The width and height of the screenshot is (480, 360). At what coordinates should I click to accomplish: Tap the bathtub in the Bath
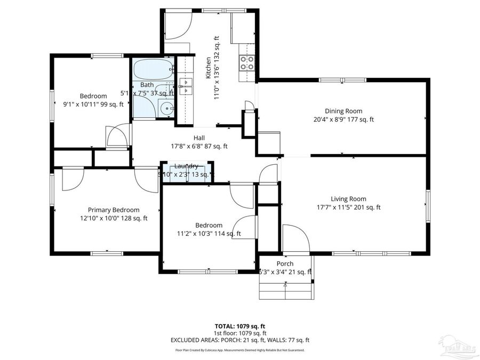click(x=153, y=69)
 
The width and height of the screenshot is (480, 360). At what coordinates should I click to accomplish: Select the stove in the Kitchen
click(x=246, y=63)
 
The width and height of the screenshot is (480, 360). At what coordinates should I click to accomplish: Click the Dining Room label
click(x=345, y=111)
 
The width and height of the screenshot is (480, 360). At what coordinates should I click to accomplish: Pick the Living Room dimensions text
click(x=348, y=207)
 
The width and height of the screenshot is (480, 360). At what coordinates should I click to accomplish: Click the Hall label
click(x=199, y=138)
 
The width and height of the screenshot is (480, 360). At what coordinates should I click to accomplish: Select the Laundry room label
click(x=186, y=166)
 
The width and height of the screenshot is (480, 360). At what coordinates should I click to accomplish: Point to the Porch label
click(x=285, y=264)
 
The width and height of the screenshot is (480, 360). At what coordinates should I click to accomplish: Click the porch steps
click(x=285, y=291)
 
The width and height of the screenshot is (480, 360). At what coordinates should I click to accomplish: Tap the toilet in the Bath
click(x=167, y=109)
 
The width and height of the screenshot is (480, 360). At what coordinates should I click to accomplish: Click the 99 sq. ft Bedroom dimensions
click(x=93, y=105)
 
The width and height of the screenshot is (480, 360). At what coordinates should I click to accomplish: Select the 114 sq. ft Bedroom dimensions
click(x=209, y=234)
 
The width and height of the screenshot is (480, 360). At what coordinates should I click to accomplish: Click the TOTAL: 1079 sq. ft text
click(x=239, y=325)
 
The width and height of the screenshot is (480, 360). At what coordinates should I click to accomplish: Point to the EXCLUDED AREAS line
click(x=239, y=340)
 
